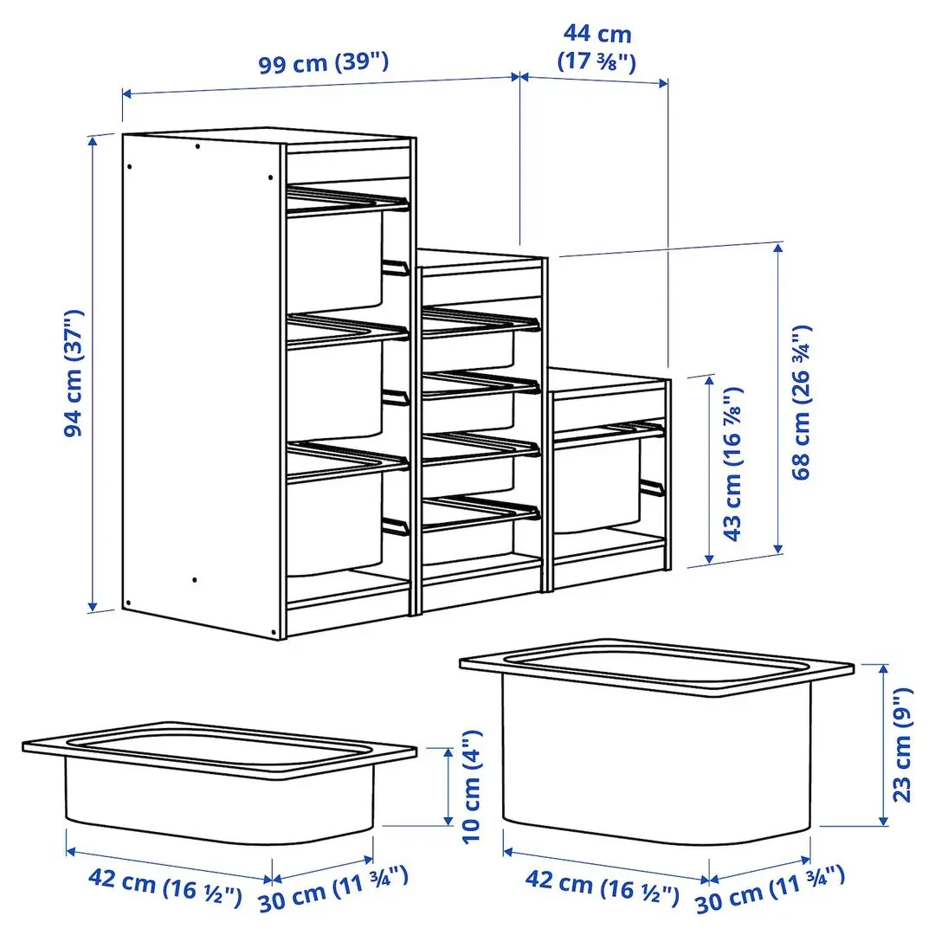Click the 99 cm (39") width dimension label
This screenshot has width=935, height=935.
coord(324,62)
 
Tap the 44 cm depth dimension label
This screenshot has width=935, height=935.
coord(597,48)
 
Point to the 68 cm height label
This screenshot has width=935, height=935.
coord(802,403)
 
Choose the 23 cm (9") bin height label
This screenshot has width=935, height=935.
coord(902,745)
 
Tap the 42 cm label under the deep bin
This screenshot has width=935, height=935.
coord(603,884)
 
